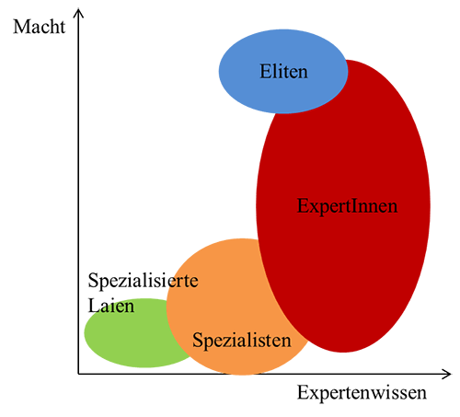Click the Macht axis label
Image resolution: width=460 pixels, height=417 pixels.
point(39,27)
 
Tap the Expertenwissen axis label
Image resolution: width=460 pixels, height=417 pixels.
point(362,393)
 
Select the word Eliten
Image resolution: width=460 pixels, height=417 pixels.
point(283,72)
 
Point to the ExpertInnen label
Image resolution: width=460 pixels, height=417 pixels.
point(347,206)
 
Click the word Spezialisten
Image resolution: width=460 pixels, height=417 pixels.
point(242,341)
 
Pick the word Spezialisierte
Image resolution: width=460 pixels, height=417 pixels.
point(143,281)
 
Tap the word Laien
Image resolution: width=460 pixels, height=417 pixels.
point(111,306)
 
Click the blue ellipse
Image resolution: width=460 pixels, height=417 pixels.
point(283,71)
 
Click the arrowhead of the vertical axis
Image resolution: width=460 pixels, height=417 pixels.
point(79,12)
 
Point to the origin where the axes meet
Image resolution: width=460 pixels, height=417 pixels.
point(78,374)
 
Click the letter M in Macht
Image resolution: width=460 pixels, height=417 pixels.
point(20,27)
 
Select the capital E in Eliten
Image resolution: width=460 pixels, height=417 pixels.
point(265,72)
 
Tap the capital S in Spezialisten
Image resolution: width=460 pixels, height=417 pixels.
point(197,340)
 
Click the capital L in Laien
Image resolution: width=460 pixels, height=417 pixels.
point(93,306)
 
